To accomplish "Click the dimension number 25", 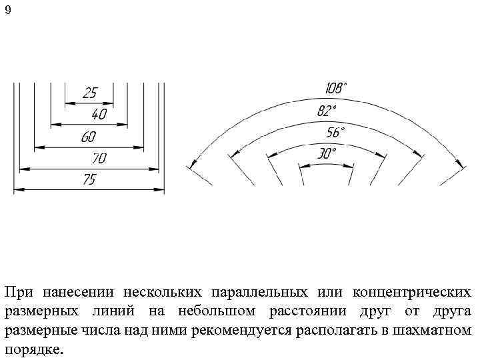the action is tap(89, 93).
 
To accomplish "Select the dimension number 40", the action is tap(99, 115).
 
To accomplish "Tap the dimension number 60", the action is tap(88, 137).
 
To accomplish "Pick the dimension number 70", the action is tap(99, 159).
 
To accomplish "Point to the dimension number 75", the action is tap(88, 180).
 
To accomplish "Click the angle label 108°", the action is tap(336, 88).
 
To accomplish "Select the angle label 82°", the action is tap(327, 111).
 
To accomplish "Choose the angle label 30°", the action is tap(326, 154).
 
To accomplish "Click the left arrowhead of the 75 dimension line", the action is tap(19, 190).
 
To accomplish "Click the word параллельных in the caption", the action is tap(258, 293).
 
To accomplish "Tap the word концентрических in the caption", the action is tap(411, 293).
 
